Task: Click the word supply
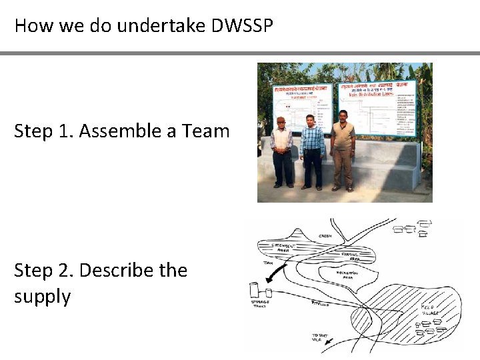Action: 42,295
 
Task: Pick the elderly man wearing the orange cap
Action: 282,151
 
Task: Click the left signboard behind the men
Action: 302,107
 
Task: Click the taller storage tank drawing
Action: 254,290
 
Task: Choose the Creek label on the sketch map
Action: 325,235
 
